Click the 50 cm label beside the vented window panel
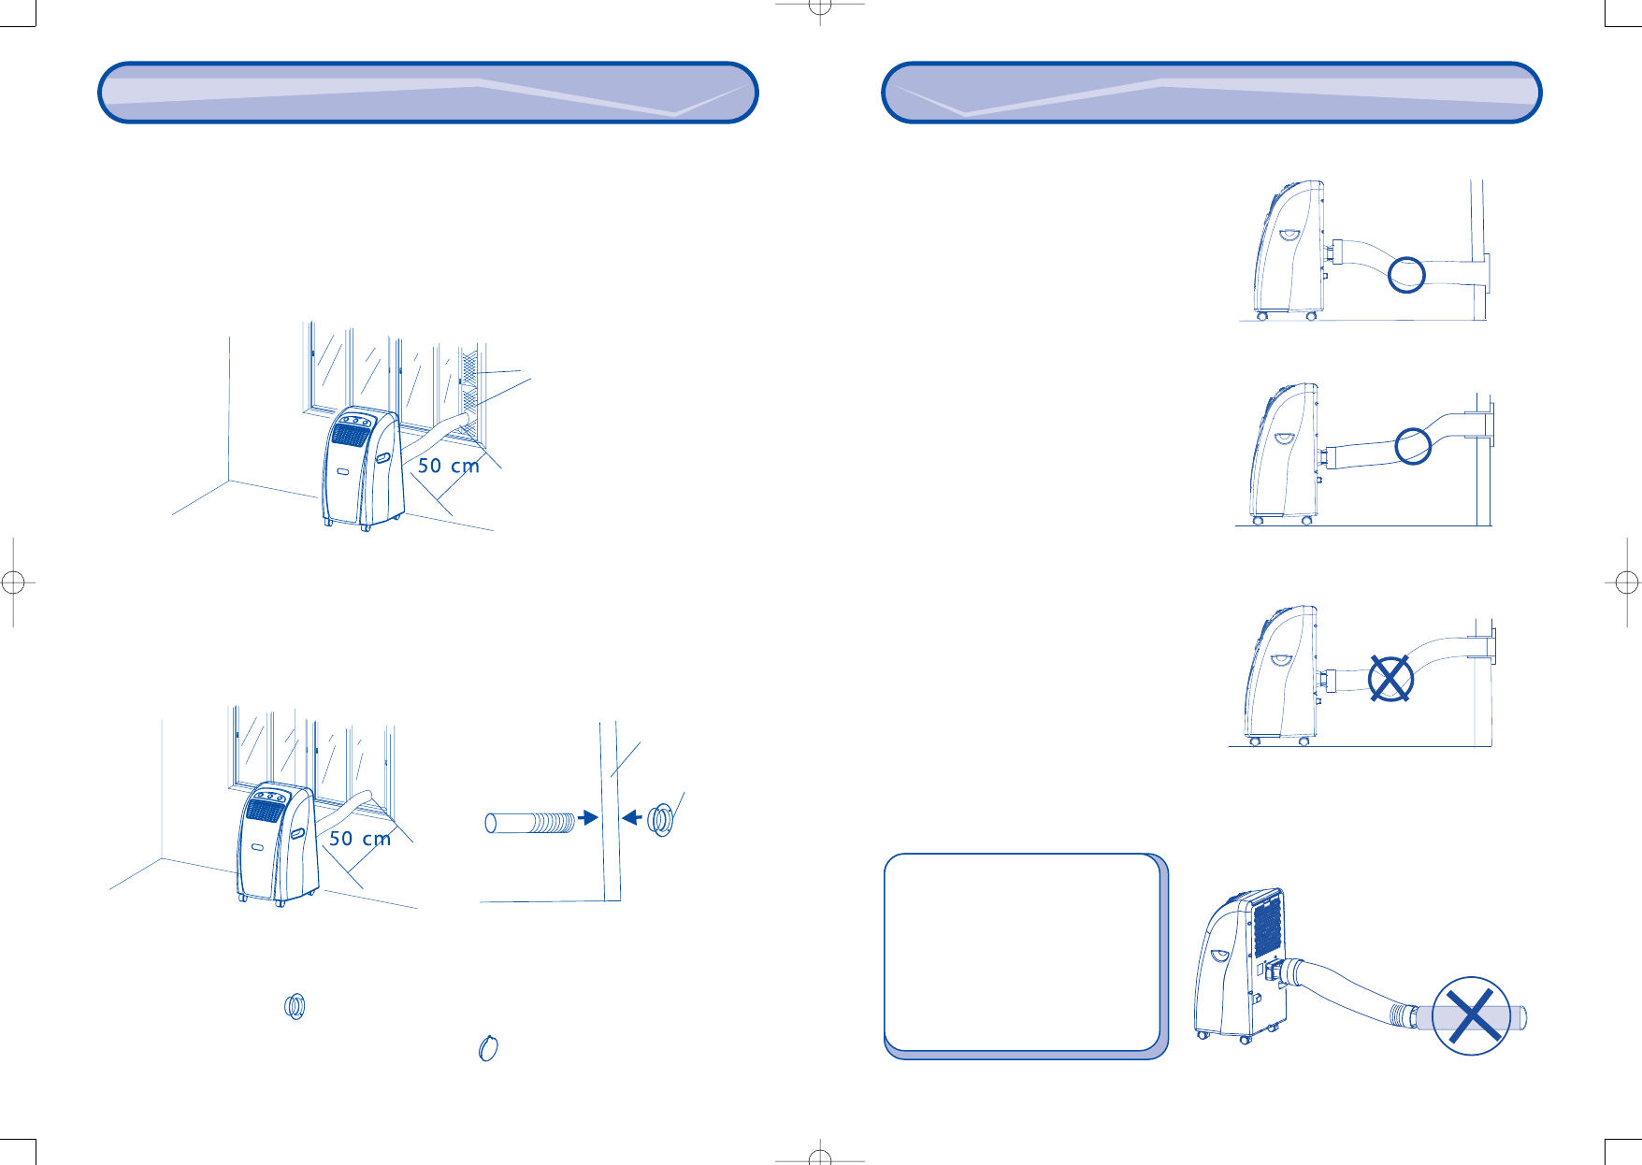click(448, 466)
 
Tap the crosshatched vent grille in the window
click(469, 393)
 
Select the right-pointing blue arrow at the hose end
click(588, 818)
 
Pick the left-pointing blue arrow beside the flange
click(632, 818)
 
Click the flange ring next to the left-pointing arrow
click(661, 819)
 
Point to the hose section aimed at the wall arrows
click(530, 823)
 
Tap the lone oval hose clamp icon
click(487, 1048)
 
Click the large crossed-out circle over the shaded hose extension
click(1471, 1016)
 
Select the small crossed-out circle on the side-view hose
click(1390, 678)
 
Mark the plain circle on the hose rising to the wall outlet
click(1413, 446)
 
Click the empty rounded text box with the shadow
click(1022, 952)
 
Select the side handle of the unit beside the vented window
click(383, 459)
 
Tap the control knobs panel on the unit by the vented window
click(354, 422)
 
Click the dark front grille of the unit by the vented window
click(350, 437)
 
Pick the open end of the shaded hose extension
click(1521, 1016)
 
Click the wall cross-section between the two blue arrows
click(611, 818)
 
